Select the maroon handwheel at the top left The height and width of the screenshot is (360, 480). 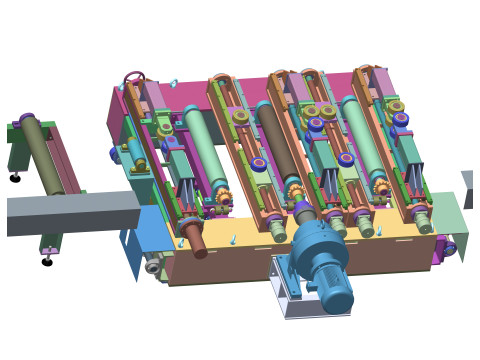tap(134, 78)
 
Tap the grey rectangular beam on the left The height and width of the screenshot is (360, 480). tap(70, 212)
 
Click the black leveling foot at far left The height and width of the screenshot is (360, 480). tap(15, 178)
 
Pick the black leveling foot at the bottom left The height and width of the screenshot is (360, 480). tap(47, 262)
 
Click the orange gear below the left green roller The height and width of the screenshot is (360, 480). tap(222, 197)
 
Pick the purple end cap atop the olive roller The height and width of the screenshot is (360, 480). tap(26, 120)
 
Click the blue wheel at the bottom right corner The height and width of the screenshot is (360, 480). tap(449, 248)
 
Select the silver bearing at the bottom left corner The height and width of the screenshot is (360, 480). tap(153, 267)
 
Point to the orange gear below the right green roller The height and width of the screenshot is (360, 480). tap(382, 188)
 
